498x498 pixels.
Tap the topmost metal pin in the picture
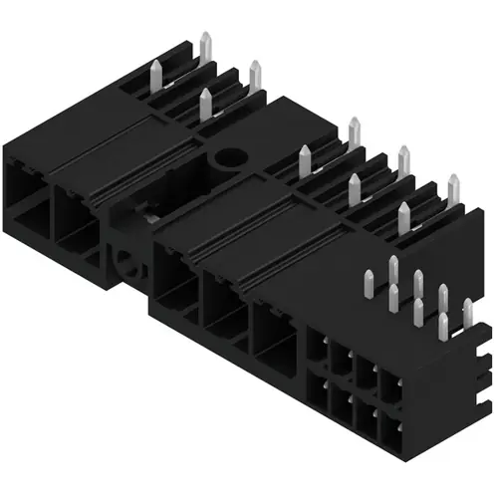coord(206,46)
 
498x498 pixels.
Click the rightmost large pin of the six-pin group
coord(453,189)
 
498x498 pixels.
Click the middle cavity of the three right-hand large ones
coord(224,306)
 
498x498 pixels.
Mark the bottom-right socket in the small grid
coord(391,426)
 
